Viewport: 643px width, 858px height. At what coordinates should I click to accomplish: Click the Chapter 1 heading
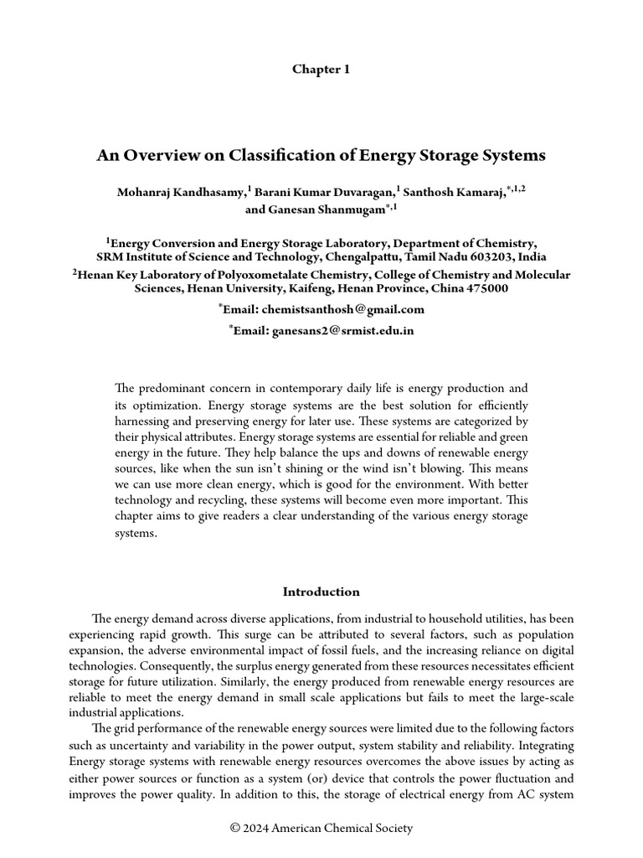(321, 70)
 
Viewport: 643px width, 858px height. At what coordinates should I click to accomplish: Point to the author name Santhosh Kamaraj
(454, 193)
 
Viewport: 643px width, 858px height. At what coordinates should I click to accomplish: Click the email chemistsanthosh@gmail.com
(344, 309)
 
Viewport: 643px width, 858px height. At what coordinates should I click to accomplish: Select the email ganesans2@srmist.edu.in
(342, 331)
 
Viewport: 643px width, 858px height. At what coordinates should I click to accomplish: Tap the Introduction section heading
(321, 592)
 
